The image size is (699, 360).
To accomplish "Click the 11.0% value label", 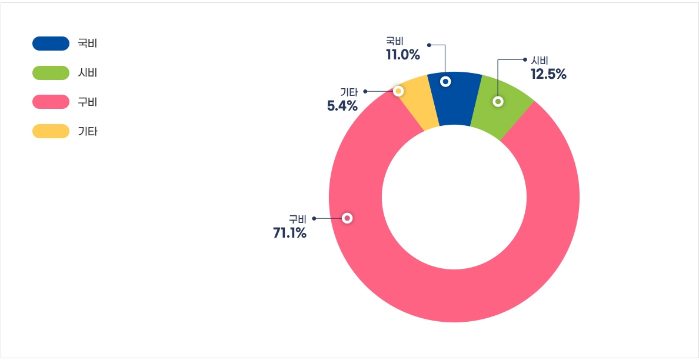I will coord(403,55).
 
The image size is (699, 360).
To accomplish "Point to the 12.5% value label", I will coord(548,74).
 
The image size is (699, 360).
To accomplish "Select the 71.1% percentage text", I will coord(289,233).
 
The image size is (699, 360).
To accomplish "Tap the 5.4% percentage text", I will coord(342,106).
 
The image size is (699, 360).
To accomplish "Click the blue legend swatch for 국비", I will coord(51,44).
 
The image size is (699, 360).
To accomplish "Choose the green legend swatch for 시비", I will coord(51,73).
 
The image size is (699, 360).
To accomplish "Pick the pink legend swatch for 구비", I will coord(51,102).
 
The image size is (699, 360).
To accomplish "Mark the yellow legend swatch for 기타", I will coord(51,131).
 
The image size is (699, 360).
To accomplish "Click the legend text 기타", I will coord(88,131).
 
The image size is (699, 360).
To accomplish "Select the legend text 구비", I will coord(88,102).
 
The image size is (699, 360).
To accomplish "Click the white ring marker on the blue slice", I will coord(445,82).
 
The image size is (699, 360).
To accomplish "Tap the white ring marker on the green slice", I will coord(498,101).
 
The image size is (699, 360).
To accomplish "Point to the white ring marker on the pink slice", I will coord(347,218).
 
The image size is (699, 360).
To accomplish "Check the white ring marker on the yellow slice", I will coord(398,91).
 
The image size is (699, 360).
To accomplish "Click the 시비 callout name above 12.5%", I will coord(540,61).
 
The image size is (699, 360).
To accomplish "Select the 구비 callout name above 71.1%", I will coord(297,219).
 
